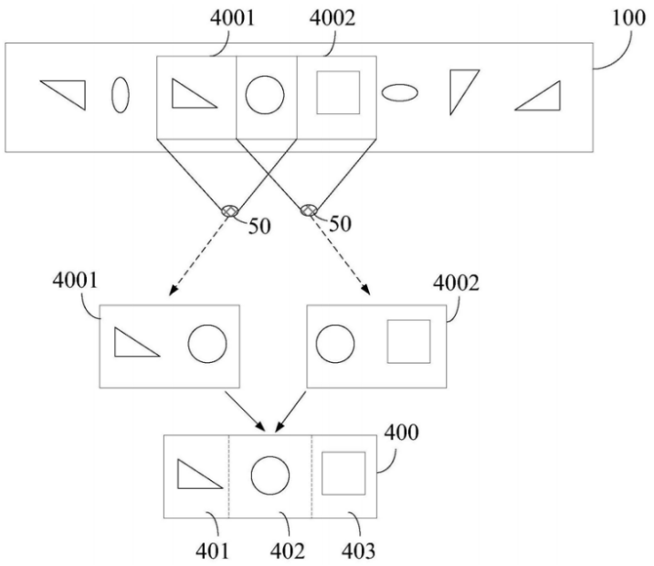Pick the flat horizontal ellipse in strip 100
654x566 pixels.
coord(399,91)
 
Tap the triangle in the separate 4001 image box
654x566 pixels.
coord(134,342)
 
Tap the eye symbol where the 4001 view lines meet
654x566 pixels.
coord(230,212)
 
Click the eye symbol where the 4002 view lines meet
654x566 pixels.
coord(310,211)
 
